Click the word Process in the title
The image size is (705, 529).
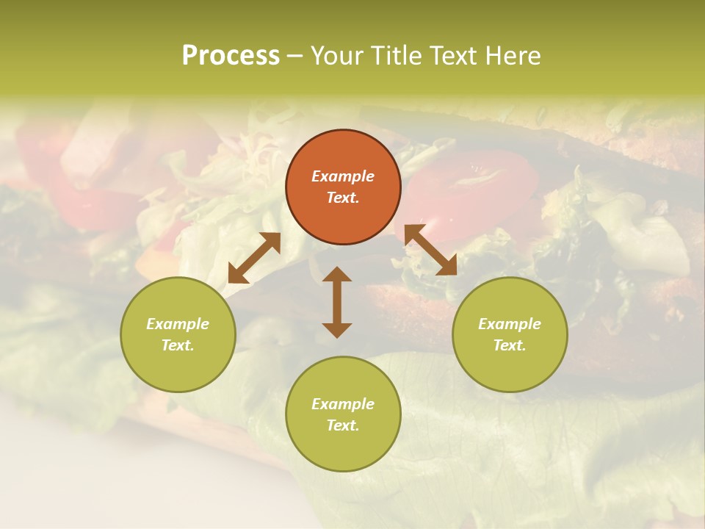[231, 56]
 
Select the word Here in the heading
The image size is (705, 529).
[513, 56]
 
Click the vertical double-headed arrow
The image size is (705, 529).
[337, 302]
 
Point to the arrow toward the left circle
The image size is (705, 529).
[254, 258]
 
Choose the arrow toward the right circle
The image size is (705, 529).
[430, 250]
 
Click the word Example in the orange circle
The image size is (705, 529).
[343, 176]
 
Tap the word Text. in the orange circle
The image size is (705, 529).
[343, 198]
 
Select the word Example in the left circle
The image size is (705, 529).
[178, 324]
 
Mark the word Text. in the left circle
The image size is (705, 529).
[178, 345]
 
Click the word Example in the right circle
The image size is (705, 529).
[510, 324]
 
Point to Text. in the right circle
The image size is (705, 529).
[510, 345]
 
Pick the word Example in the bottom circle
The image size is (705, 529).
[343, 404]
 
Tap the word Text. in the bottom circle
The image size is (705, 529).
[343, 425]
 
